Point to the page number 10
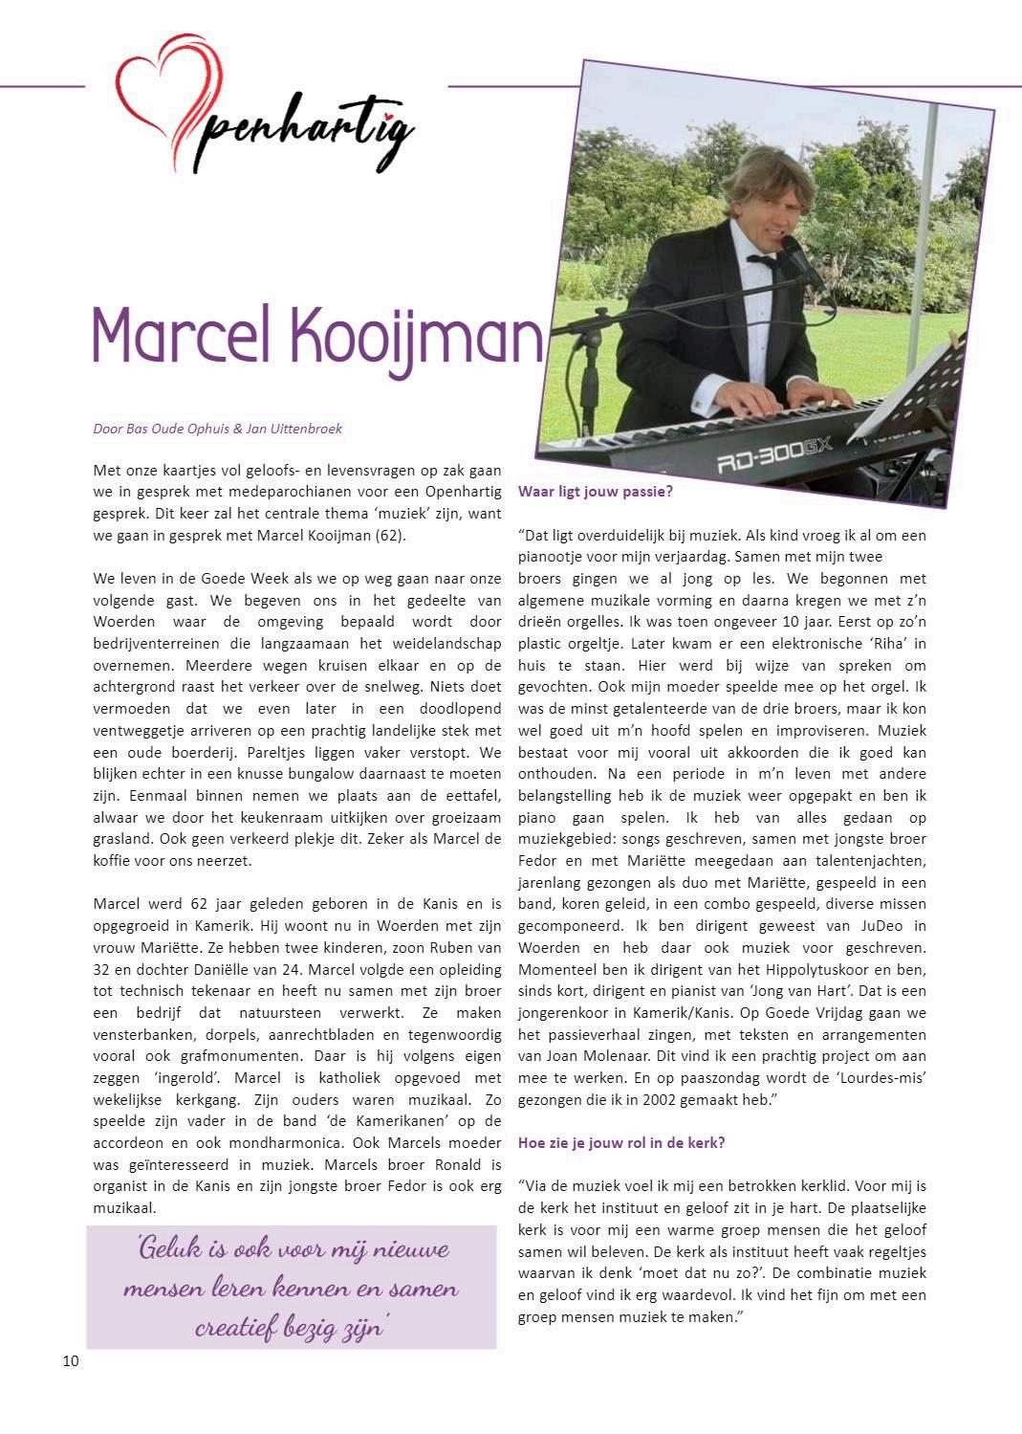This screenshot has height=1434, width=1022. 71,1360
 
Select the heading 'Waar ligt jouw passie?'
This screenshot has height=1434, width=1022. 596,492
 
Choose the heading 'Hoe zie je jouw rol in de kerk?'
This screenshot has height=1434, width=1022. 621,1142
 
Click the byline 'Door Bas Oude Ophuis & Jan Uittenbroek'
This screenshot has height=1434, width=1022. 217,429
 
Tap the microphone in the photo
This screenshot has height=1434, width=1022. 800,260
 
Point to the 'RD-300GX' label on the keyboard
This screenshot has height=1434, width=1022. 776,457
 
